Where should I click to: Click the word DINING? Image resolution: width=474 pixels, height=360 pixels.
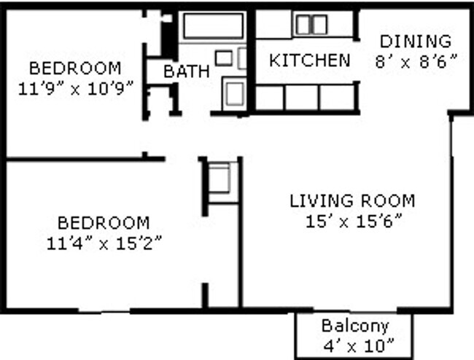pos(414,41)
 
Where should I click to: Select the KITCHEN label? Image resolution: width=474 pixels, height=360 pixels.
pos(309,60)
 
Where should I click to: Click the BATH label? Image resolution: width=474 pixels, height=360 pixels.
pos(187,71)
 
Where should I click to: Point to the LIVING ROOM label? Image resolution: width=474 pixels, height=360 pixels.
pos(352,200)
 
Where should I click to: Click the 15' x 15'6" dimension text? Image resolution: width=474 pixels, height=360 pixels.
pos(352,220)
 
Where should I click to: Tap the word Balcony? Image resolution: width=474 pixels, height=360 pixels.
pos(355,326)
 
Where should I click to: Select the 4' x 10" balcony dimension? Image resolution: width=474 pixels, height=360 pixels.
pos(355,343)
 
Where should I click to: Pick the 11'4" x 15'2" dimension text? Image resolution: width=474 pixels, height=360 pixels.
pos(104,243)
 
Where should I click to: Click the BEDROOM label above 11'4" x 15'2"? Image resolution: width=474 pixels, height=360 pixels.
pos(104,223)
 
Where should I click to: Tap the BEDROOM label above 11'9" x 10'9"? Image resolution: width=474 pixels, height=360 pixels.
pos(74,69)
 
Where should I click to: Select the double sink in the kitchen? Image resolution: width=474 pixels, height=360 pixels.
pos(311,25)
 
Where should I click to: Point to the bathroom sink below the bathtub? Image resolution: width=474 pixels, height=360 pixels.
pos(224,58)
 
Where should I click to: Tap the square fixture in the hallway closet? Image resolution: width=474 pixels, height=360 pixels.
pos(219,178)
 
